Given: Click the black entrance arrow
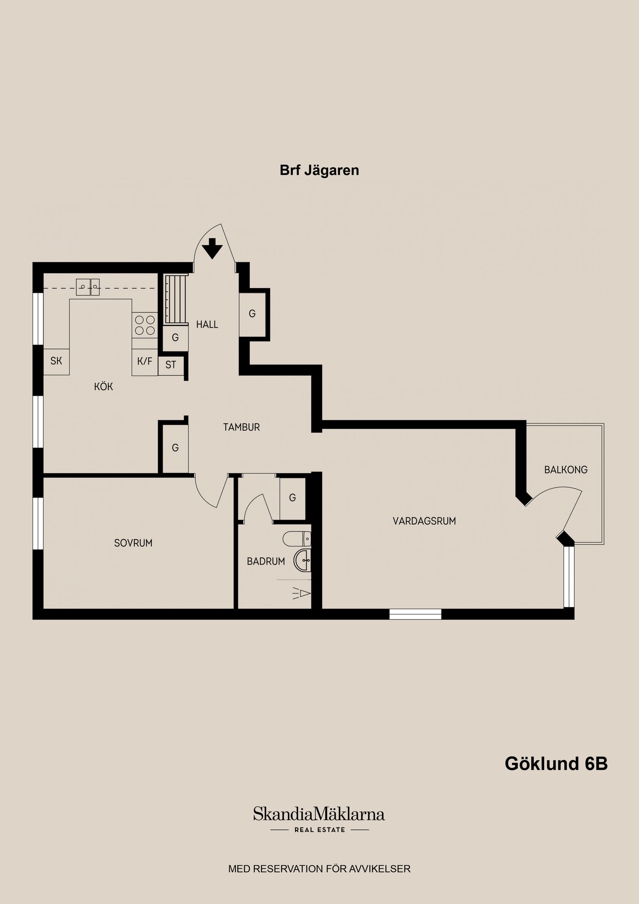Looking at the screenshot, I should pos(213,249).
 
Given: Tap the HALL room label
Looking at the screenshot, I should pos(207,325).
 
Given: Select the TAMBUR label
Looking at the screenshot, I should pos(241,427).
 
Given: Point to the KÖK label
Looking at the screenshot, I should pos(103,387).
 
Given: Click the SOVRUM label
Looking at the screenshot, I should pos(133,543).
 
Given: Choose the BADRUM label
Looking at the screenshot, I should pos(266,562).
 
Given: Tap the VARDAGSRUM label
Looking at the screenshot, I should pos(424,521).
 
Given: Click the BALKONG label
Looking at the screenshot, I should pos(566,469).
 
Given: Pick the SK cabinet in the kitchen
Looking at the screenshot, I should pos(56,361).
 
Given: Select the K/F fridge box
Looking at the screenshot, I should pos(144,361).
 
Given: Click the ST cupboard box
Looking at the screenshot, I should pos(170,365).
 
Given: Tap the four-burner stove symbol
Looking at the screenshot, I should pos(144,325).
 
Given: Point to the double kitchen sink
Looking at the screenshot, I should pos(88,287).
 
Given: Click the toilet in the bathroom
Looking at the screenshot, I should pos(298,539).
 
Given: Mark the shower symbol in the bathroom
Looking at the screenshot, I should pos(302,593).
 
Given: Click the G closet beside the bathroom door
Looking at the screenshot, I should pos(292,498).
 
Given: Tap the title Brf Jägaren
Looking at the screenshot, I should pos(319,170).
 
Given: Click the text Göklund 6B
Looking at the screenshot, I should pos(556,763).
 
